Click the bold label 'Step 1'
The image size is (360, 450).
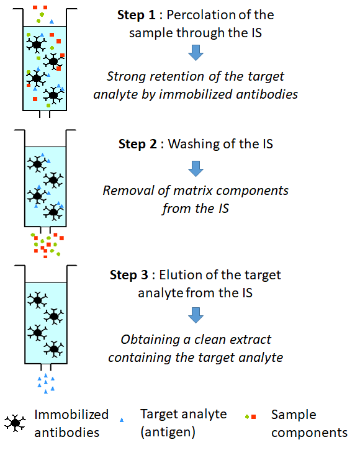[x=137, y=16]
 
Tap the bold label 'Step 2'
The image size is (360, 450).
[x=138, y=144]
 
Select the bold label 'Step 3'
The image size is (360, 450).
[x=129, y=275]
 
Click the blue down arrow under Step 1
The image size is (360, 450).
[x=196, y=53]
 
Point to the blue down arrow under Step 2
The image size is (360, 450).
[x=196, y=169]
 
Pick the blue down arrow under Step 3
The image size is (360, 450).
[x=196, y=315]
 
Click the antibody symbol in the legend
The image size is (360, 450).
[x=16, y=423]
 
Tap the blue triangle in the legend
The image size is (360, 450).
[x=122, y=420]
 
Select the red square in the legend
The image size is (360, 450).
[x=253, y=416]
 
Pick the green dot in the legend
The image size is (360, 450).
[x=247, y=416]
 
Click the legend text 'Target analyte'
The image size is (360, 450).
[x=184, y=415]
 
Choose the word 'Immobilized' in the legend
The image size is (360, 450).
[x=71, y=415]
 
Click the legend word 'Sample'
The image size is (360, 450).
[x=294, y=415]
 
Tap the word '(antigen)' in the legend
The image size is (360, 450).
[x=168, y=432]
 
